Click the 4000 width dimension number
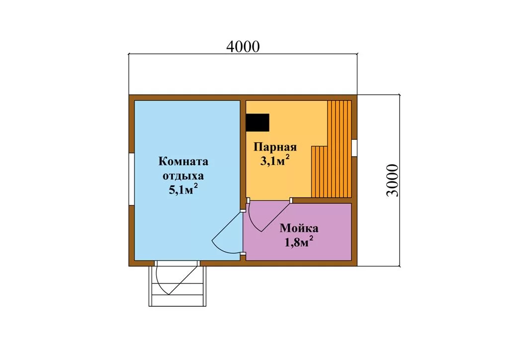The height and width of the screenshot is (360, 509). coord(243,47)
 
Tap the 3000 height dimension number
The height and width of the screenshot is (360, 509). coord(392,180)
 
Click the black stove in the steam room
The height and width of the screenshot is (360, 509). coord(257,122)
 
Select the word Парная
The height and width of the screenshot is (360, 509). coord(275,147)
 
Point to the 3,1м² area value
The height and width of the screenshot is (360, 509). coord(274,161)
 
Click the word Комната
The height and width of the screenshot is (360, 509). coord(183,161)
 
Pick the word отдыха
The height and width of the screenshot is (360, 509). coord(183,176)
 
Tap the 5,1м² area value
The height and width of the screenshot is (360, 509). coord(183,189)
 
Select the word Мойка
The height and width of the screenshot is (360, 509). coord(299,228)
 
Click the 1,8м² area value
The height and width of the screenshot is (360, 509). coord(299,242)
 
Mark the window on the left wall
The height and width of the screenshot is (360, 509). coord(131,180)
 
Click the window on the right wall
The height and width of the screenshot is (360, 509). coord(354,148)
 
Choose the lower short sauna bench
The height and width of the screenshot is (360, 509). coord(320,172)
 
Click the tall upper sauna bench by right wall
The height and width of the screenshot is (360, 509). coord(339,149)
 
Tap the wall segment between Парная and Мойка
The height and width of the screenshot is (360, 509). coord(322,200)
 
